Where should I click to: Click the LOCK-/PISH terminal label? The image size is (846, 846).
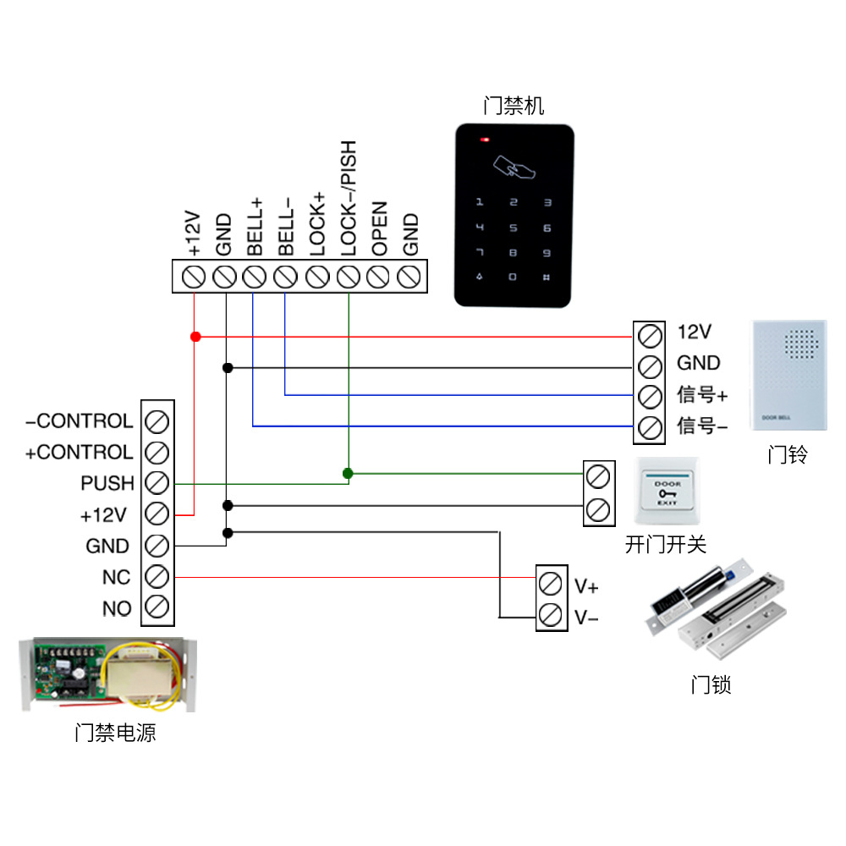click(x=348, y=199)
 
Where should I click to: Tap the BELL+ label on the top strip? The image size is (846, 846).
click(x=255, y=228)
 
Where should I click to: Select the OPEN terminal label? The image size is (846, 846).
click(x=379, y=228)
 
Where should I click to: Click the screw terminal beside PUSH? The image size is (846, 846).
click(x=157, y=483)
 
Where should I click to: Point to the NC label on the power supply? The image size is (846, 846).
click(x=117, y=577)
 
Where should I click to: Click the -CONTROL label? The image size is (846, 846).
click(x=80, y=421)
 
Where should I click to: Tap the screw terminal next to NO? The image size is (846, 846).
click(x=157, y=607)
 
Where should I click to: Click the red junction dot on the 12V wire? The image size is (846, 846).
click(x=195, y=337)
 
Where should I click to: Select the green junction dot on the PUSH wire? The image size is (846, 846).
click(x=348, y=472)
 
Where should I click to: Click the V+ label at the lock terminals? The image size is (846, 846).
click(x=586, y=585)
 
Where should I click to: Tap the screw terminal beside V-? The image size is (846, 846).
click(x=551, y=615)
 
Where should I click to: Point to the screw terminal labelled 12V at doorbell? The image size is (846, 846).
click(x=649, y=335)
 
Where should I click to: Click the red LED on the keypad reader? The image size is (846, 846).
click(x=485, y=139)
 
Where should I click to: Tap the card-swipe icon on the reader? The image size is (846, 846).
click(x=514, y=166)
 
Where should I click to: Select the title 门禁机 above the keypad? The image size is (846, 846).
click(x=514, y=106)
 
